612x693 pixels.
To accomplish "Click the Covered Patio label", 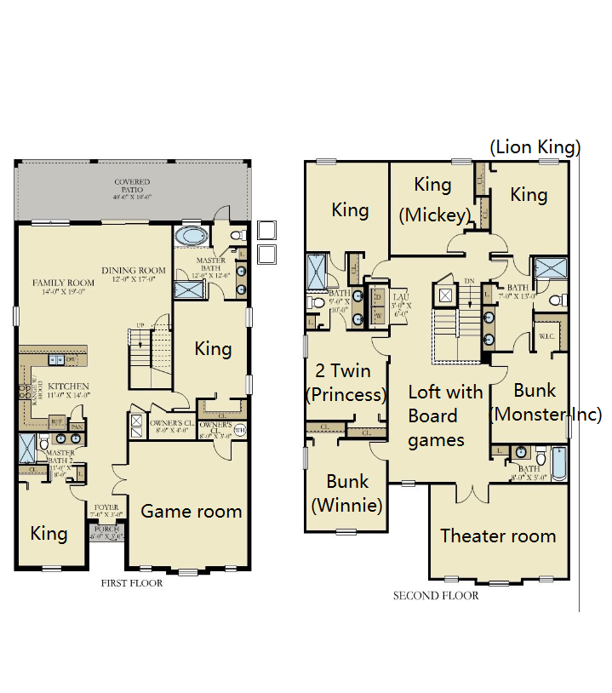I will pyautogui.click(x=132, y=186).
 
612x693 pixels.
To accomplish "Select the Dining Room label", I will pyautogui.click(x=133, y=275).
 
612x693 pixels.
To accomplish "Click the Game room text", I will pyautogui.click(x=191, y=511).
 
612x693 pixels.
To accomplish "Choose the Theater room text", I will pyautogui.click(x=497, y=535).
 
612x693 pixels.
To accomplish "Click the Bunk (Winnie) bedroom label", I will pyautogui.click(x=347, y=493).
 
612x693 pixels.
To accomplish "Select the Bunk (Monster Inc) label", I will pyautogui.click(x=545, y=403).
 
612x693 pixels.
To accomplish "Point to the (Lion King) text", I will pyautogui.click(x=535, y=147).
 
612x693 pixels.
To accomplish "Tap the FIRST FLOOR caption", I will pyautogui.click(x=131, y=583).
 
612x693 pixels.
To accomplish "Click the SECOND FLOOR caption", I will pyautogui.click(x=435, y=596).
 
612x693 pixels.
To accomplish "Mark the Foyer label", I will pyautogui.click(x=106, y=510).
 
